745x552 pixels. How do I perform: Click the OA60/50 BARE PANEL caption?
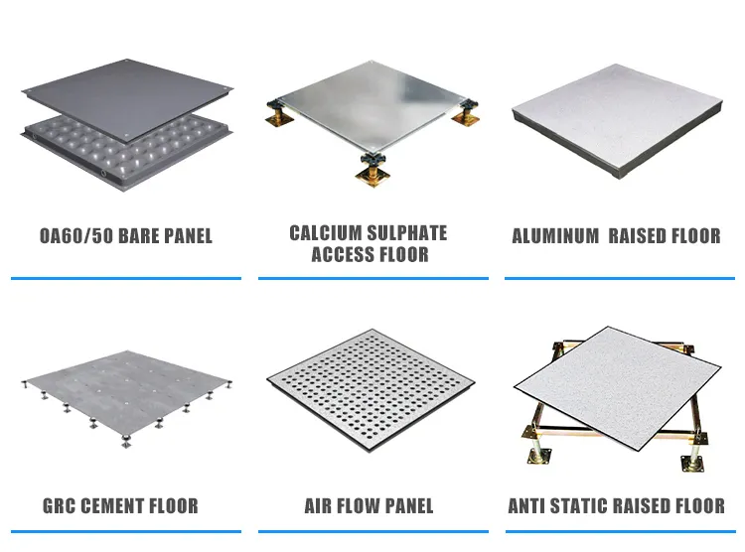pyautogui.click(x=125, y=236)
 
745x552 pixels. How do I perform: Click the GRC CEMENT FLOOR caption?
pyautogui.click(x=120, y=506)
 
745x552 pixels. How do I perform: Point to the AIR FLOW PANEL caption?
pyautogui.click(x=369, y=506)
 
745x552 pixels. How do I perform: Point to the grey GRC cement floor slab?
pyautogui.click(x=124, y=382)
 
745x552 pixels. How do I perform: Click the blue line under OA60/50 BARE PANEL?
pyautogui.click(x=125, y=278)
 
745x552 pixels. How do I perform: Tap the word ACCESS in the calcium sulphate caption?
pyautogui.click(x=338, y=254)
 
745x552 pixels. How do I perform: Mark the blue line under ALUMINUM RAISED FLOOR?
pyautogui.click(x=615, y=278)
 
